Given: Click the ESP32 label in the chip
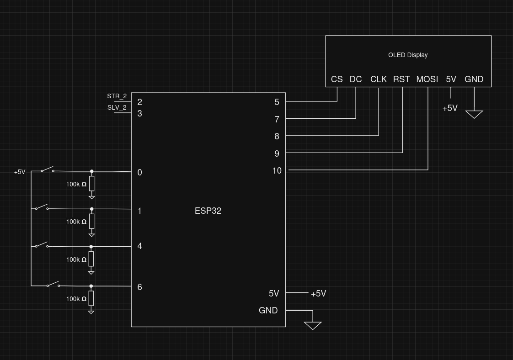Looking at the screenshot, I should [x=208, y=211].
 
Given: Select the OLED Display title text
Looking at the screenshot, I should [x=408, y=55].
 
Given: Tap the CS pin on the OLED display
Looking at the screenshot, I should [x=337, y=79].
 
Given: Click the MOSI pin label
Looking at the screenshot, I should [x=427, y=79].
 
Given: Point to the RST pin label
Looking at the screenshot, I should [x=401, y=79].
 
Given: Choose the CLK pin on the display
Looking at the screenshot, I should [x=379, y=79].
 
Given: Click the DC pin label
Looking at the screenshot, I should [x=356, y=79].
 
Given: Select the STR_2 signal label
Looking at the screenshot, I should [x=117, y=96].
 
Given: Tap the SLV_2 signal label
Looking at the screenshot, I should [x=117, y=107].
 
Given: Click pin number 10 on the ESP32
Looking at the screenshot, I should [x=277, y=170].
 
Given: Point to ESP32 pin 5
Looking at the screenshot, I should [x=277, y=102].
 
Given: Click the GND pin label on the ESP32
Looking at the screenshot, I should [x=268, y=311].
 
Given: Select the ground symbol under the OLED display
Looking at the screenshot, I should [x=474, y=114].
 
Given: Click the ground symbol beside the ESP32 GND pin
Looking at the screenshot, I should [x=313, y=325].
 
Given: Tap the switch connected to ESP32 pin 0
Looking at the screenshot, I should [x=48, y=169].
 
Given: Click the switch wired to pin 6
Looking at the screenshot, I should [x=53, y=284].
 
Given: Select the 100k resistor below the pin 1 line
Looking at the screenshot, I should [x=92, y=222].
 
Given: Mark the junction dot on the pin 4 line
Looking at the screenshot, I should [x=91, y=247].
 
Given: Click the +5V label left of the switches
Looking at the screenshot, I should [x=20, y=172].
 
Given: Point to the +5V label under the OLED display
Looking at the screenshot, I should [x=450, y=108].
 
